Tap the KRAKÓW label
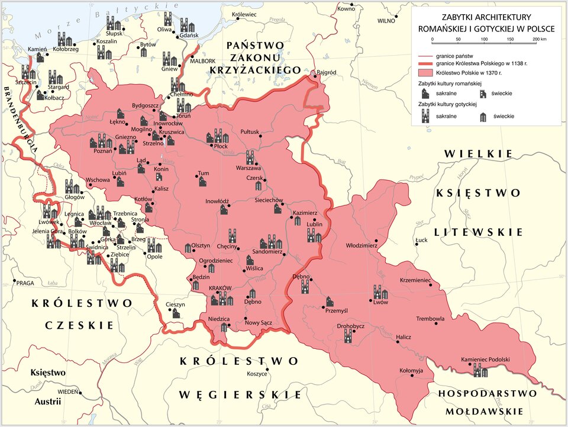click(x=220, y=288)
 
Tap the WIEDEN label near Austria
click(x=68, y=392)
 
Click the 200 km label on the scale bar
click(x=539, y=38)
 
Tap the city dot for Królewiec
click(x=238, y=18)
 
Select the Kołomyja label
click(x=412, y=371)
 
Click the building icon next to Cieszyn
click(x=176, y=313)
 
